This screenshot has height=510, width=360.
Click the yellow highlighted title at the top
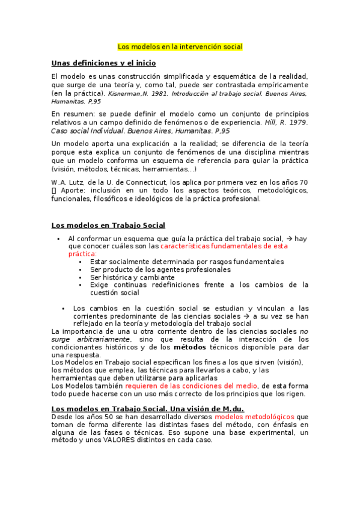point(180,46)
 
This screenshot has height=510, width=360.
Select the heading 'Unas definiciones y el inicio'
point(103,63)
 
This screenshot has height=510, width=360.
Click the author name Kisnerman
point(123,94)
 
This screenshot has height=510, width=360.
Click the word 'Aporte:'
point(73,191)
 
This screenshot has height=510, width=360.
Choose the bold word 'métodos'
point(190,347)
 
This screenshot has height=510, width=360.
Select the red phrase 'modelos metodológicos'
point(254,416)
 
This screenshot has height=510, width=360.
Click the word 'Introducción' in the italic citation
point(194,94)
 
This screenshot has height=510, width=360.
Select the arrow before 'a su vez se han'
point(246,315)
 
